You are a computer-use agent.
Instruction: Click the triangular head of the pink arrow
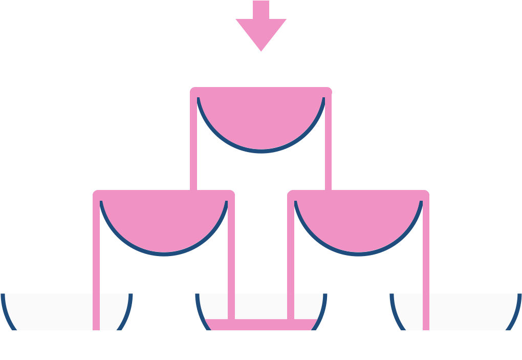(x=261, y=33)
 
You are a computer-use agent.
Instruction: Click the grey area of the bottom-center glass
(x=261, y=306)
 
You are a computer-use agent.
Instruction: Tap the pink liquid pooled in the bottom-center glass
(x=261, y=325)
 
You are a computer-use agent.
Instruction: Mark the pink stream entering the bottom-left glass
(x=96, y=266)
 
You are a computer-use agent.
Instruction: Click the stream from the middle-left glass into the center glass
(x=231, y=266)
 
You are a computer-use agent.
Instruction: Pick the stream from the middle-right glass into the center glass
(x=291, y=266)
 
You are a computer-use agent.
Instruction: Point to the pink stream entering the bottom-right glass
(x=426, y=266)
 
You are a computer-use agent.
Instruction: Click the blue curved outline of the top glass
(x=261, y=151)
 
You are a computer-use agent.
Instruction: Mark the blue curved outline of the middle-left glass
(x=164, y=253)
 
